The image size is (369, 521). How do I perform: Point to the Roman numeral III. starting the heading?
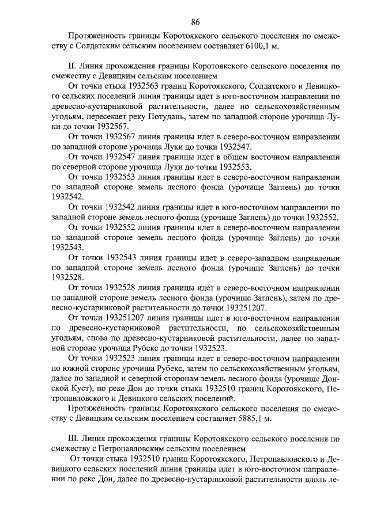click(73, 438)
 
